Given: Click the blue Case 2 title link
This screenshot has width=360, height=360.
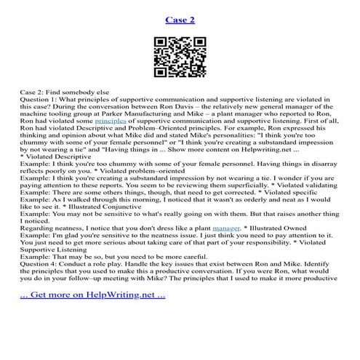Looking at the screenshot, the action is (180, 19).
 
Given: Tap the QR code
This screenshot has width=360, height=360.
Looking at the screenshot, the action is (180, 62).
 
